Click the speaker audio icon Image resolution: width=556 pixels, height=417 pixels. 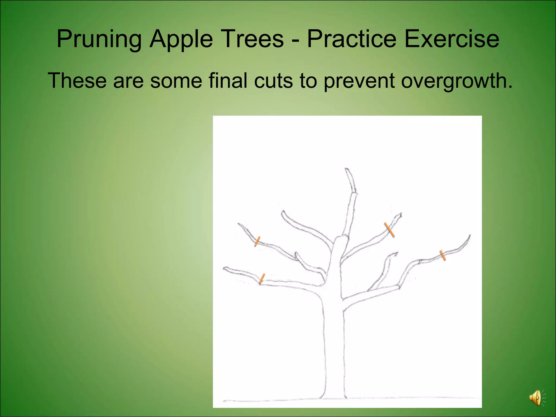point(536,398)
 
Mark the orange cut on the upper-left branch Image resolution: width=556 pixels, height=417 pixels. point(257,241)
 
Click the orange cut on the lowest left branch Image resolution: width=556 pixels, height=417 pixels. point(262,279)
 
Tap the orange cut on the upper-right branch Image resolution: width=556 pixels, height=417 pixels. point(389,230)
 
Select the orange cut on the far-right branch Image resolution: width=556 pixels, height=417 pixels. point(443,255)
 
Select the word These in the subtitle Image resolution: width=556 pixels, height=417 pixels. point(77,80)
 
